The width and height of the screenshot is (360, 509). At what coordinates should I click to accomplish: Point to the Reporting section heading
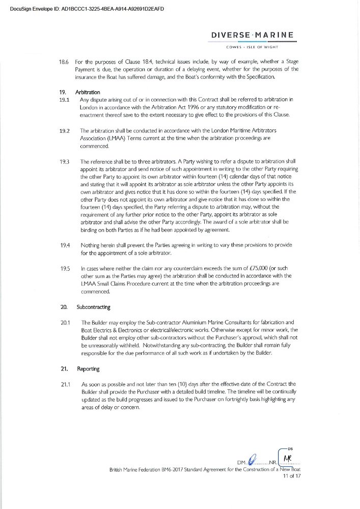click(x=89, y=368)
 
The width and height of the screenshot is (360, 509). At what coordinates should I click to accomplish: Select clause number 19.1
click(x=64, y=100)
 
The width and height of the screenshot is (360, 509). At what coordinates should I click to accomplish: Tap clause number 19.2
click(x=65, y=130)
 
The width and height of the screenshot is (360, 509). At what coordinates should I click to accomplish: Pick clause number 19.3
click(x=65, y=161)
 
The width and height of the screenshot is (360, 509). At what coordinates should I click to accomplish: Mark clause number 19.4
click(x=65, y=245)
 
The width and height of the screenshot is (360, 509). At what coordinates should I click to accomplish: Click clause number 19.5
click(x=65, y=268)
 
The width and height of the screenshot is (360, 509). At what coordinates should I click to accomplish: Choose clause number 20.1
click(x=65, y=322)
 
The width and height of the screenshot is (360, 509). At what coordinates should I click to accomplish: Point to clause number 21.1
click(x=65, y=383)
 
